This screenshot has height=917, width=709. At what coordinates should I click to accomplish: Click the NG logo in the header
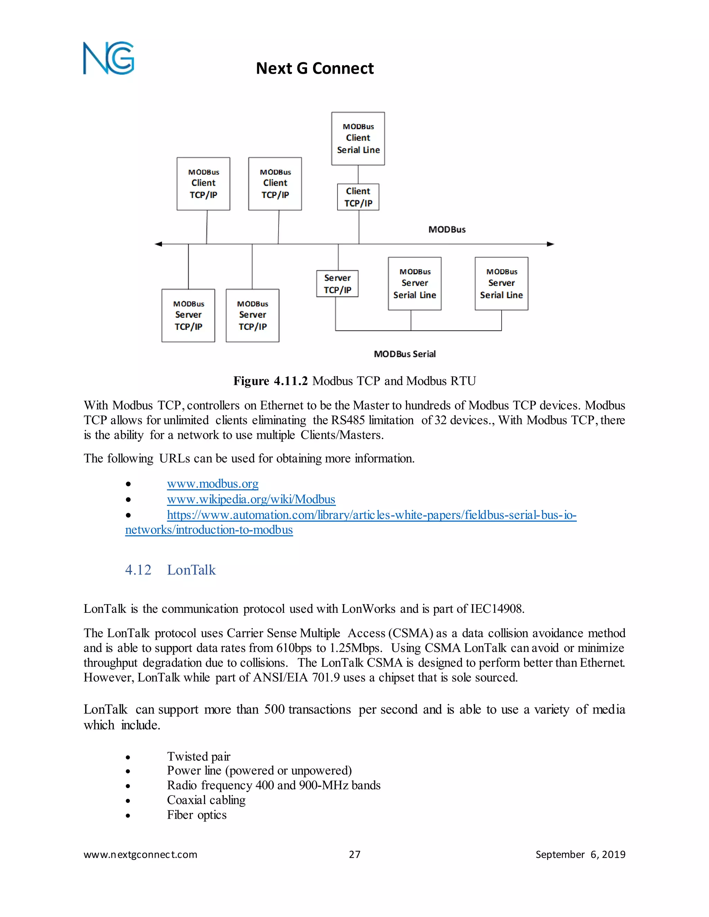point(108,58)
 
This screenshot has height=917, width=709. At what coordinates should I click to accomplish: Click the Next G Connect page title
point(315,69)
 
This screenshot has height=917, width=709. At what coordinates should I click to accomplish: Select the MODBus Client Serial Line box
point(358,138)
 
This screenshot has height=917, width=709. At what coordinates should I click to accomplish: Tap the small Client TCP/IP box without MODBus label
point(358,197)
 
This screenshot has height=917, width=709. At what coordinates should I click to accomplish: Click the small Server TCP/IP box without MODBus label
point(337,284)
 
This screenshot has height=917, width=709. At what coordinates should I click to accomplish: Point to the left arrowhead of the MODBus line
point(158,244)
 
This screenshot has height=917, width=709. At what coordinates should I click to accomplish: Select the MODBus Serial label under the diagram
point(404,354)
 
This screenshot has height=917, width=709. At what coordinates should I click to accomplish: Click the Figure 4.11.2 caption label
point(270,381)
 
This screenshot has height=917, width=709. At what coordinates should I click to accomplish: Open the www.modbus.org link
point(213,484)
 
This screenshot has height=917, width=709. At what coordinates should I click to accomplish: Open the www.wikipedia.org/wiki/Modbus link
point(251,499)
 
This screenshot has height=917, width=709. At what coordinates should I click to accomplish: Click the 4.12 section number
point(138,570)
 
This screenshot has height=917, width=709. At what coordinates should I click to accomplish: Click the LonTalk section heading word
point(191,570)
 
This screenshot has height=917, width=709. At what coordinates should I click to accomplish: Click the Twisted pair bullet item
point(199,756)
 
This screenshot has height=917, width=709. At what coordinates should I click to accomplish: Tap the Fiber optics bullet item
point(197,815)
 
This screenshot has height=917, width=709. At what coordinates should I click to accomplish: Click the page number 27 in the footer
point(354,854)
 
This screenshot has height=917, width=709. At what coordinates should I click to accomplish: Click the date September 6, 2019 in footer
point(580,854)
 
